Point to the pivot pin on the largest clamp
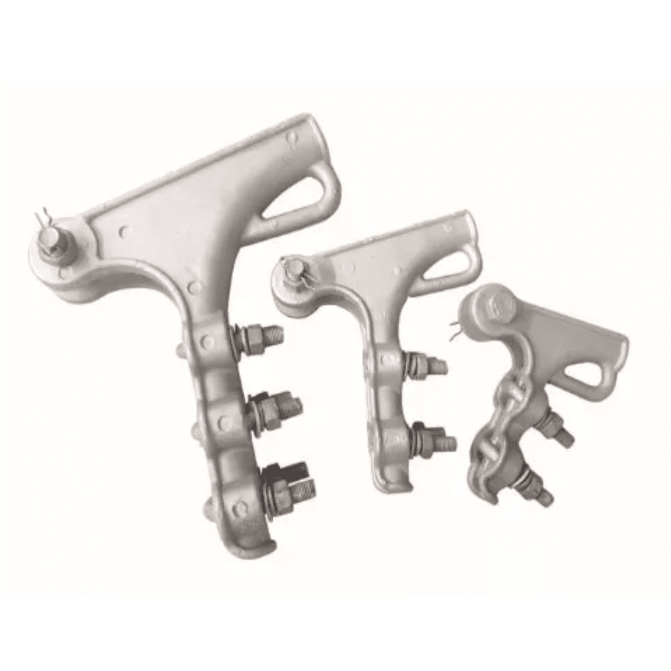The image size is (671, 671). (51, 240)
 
